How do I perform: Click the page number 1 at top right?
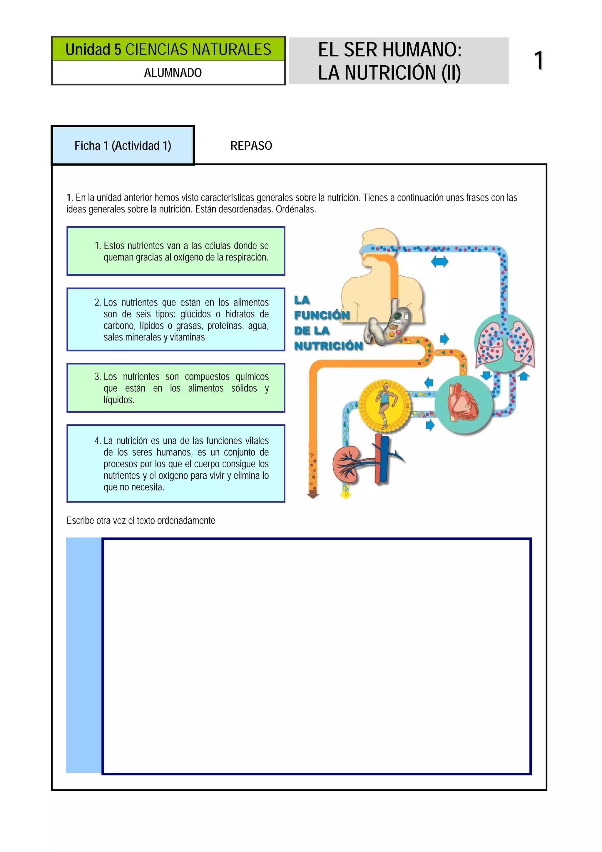click(538, 61)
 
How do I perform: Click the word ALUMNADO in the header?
click(173, 73)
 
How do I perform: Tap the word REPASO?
click(251, 146)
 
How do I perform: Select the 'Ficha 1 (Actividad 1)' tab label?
click(123, 146)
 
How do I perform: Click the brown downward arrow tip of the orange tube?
click(313, 495)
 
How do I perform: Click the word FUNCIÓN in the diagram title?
click(322, 315)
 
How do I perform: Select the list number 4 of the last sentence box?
click(98, 441)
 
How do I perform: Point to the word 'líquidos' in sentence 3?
click(119, 400)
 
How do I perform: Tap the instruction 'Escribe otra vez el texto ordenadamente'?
click(141, 521)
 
